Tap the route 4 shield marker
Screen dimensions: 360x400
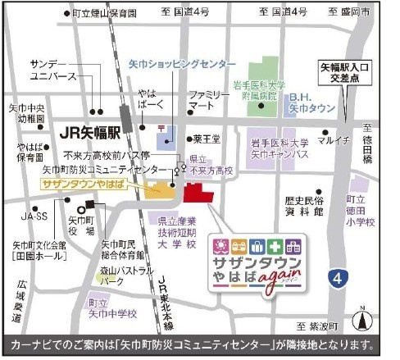point(337,280)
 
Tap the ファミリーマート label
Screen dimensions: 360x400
point(207,101)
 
